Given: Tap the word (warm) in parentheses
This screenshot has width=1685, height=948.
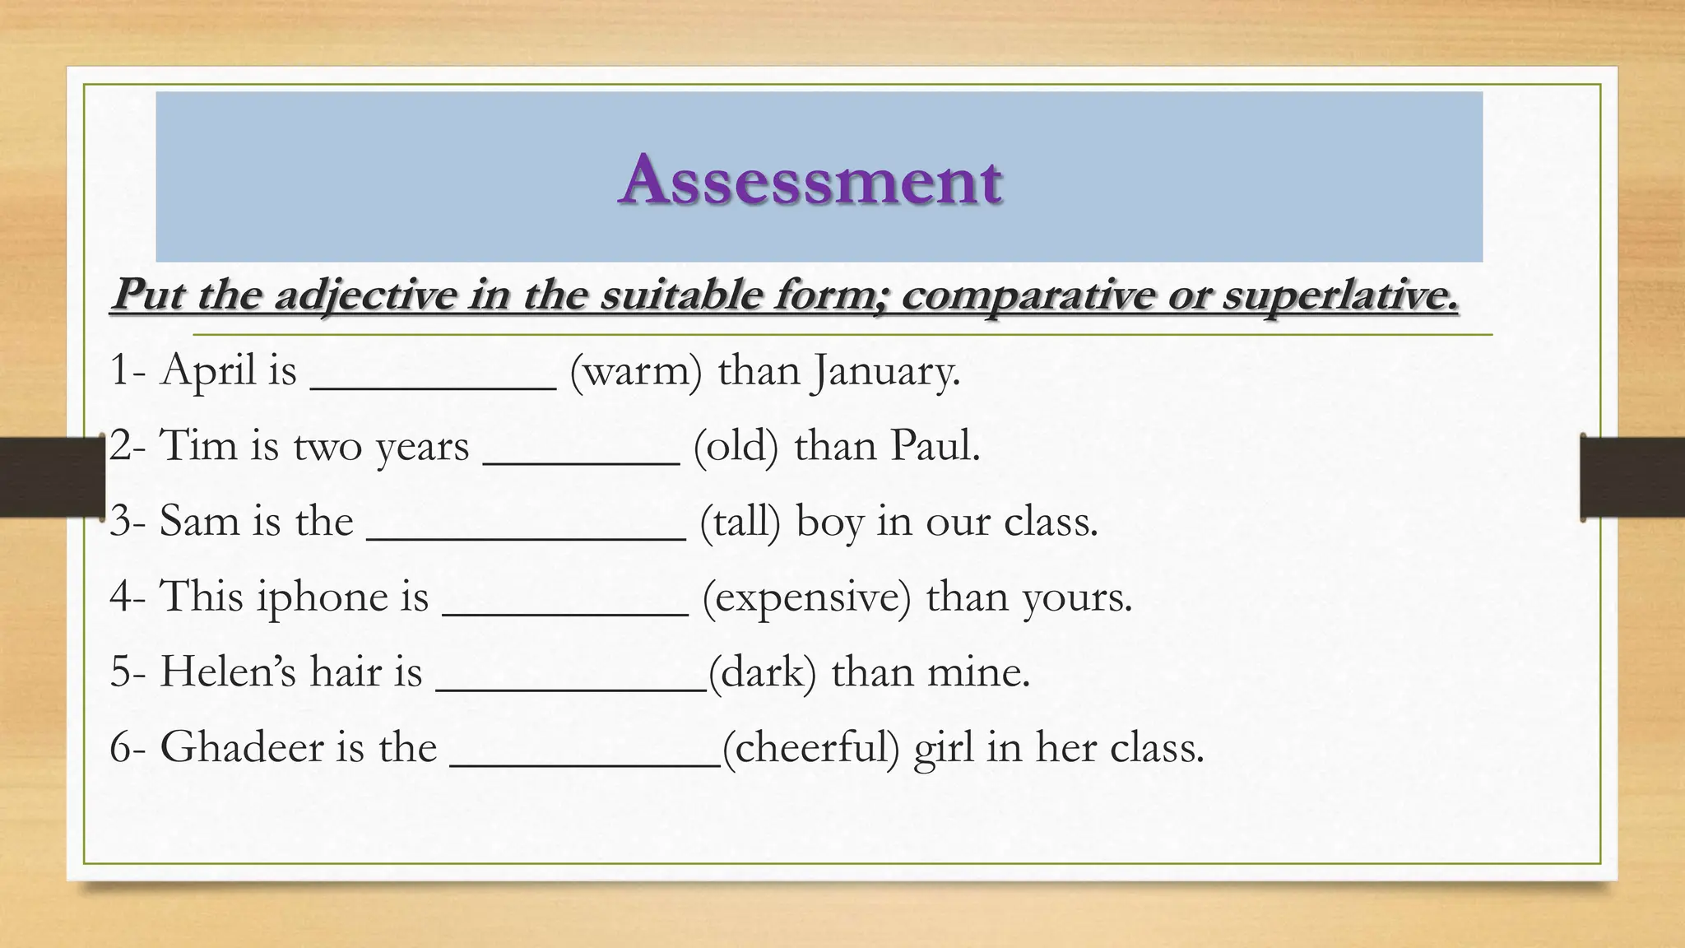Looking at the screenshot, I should [x=636, y=371].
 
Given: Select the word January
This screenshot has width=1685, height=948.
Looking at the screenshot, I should [x=885, y=372].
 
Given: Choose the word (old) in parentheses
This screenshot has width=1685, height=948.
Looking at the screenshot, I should [x=736, y=447].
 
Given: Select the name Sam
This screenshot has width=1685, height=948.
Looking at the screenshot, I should [x=198, y=522].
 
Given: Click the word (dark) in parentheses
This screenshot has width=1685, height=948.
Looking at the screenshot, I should [x=762, y=672].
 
